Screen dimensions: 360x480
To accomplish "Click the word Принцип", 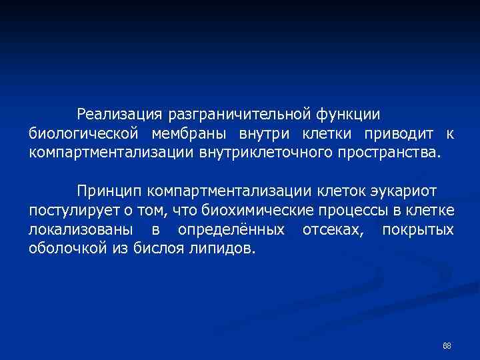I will click(109, 192).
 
